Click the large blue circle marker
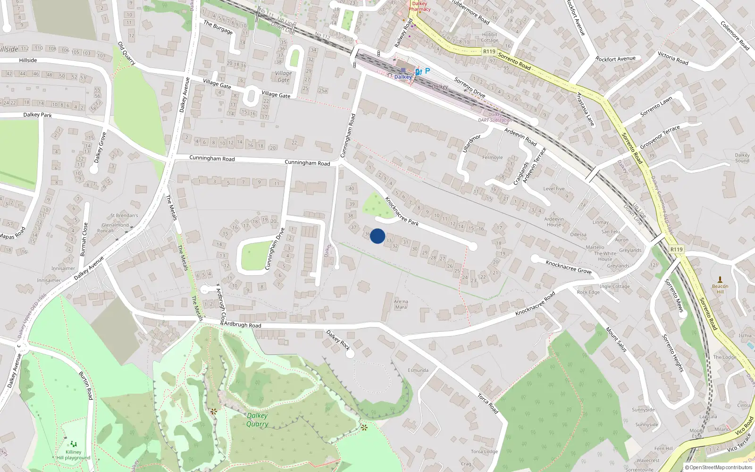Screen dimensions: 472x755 [x=377, y=236]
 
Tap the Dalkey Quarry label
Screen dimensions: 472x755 [x=257, y=420]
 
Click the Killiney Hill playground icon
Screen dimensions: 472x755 [x=74, y=444]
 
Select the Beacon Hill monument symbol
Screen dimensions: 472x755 [x=720, y=279]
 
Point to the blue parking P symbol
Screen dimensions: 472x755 [x=428, y=71]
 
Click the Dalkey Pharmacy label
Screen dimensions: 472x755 [x=419, y=6]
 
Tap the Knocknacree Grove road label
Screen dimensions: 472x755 [x=568, y=267]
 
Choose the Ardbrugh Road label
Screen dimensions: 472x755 [x=242, y=325]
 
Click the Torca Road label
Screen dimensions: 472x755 [x=487, y=404]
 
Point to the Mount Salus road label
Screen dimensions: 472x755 [x=616, y=339]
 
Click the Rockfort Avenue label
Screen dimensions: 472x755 [x=615, y=59]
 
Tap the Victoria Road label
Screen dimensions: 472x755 [x=673, y=58]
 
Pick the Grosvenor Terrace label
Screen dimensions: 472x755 [x=660, y=137]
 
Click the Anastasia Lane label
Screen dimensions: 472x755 [x=585, y=109]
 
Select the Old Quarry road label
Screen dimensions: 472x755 [x=126, y=53]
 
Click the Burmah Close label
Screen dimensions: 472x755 [x=84, y=239]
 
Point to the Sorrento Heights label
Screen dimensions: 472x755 [x=673, y=353]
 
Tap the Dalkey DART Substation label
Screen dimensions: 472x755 [x=495, y=118]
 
